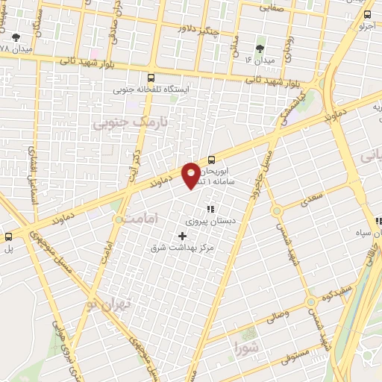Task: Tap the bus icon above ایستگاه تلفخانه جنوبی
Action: [x=151, y=77]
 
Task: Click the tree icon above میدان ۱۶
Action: [x=260, y=48]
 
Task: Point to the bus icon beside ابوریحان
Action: [x=212, y=159]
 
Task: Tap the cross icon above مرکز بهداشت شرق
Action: [x=184, y=236]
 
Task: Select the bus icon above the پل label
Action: [x=8, y=237]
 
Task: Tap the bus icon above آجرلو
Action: [x=367, y=14]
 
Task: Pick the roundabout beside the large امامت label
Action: [x=119, y=219]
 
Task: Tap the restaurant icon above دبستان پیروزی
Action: [x=210, y=209]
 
